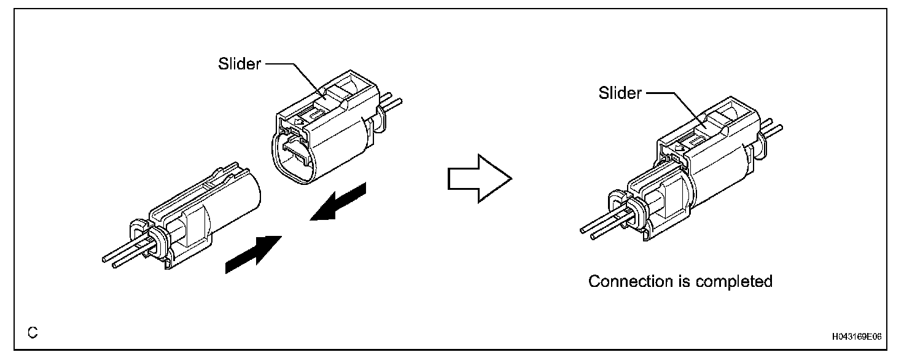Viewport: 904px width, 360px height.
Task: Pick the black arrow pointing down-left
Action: (x=338, y=203)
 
